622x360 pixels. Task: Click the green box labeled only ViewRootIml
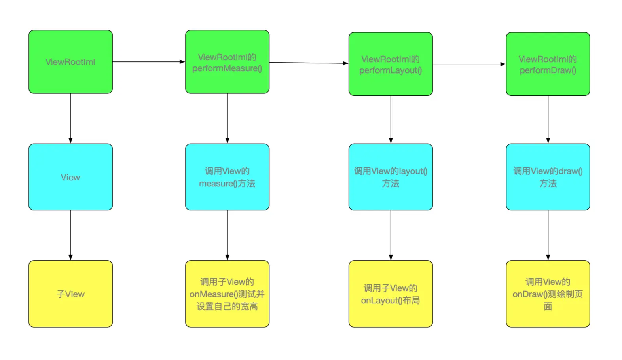70,62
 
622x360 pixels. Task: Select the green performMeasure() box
227,62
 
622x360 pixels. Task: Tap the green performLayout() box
391,64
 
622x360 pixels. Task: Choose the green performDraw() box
548,64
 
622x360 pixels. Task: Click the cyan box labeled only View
70,177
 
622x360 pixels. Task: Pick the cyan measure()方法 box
227,177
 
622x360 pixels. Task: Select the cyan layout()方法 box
391,177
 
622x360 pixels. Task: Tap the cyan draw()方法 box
548,177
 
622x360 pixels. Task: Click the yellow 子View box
70,294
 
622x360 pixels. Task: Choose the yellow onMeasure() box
227,294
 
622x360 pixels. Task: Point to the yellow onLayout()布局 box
391,294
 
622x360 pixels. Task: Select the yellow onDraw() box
548,294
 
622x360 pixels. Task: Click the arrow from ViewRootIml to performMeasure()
149,62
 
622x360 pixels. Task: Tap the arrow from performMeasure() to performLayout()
309,63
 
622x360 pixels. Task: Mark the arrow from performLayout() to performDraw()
469,64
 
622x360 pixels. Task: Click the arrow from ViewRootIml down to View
70,119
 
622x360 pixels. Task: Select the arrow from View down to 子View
70,235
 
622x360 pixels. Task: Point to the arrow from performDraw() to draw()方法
548,119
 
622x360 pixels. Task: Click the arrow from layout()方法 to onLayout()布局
391,235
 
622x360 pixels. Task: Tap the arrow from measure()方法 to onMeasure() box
227,235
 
